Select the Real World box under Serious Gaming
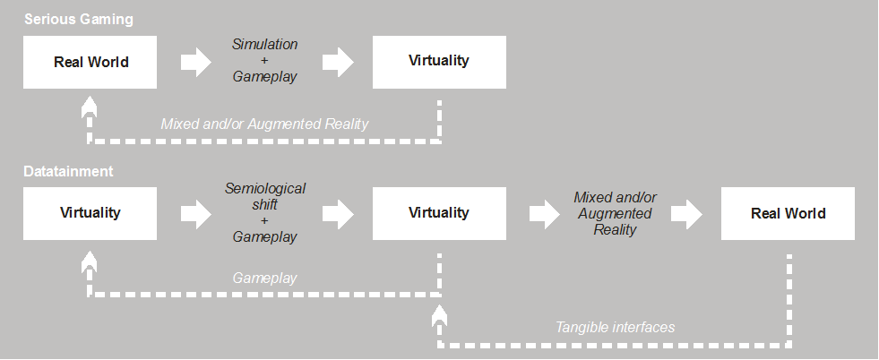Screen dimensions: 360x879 [x=90, y=62]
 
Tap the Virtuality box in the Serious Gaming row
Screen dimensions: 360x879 [x=439, y=61]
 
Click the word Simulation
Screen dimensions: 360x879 [x=264, y=44]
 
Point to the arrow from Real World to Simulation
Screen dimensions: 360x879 [x=195, y=62]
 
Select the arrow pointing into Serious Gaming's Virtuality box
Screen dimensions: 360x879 [x=337, y=62]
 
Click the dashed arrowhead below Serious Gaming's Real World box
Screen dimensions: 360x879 [x=88, y=107]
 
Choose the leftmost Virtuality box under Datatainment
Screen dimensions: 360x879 [x=90, y=213]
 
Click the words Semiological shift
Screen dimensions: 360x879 [x=264, y=196]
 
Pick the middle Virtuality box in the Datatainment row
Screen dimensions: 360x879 [x=439, y=213]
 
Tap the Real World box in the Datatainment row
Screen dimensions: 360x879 [x=789, y=213]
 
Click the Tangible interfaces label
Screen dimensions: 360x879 [x=615, y=328]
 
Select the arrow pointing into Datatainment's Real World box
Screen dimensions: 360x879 [x=686, y=213]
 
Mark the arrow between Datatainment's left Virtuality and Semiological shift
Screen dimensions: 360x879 [x=195, y=213]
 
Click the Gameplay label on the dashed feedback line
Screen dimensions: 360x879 [x=264, y=279]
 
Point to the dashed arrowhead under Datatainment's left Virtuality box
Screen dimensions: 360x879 [x=88, y=261]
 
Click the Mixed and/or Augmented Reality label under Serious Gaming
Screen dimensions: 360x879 [x=264, y=124]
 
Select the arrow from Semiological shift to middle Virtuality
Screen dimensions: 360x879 [x=337, y=213]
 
